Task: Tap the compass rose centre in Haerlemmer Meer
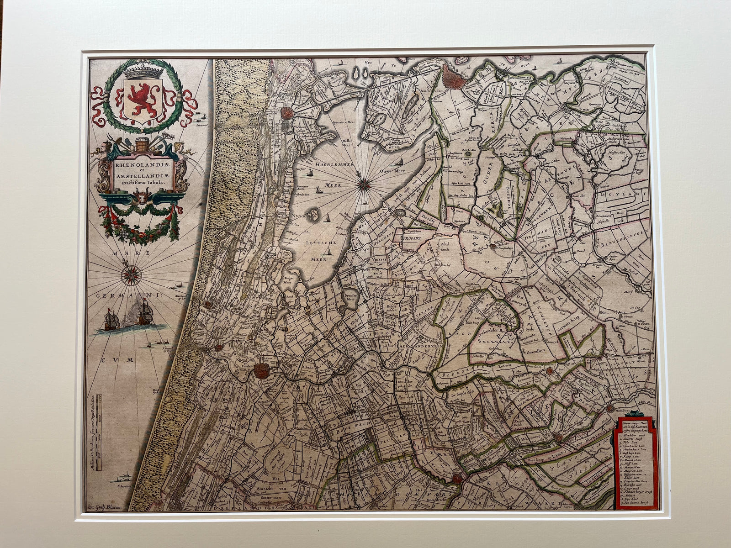click(x=364, y=184)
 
